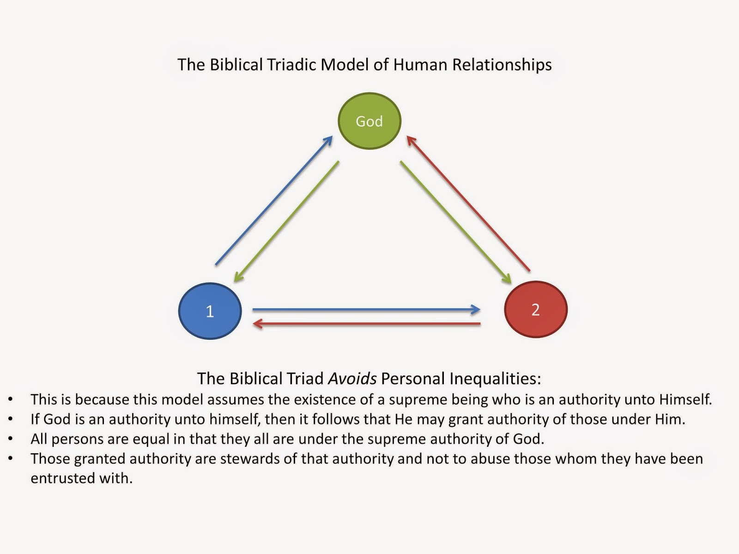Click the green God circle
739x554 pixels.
[x=369, y=121]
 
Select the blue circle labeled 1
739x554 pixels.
[x=210, y=311]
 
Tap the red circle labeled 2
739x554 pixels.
[x=536, y=309]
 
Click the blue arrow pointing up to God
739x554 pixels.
[x=274, y=200]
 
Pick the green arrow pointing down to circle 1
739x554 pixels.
[x=286, y=222]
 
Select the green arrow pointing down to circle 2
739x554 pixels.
[x=455, y=222]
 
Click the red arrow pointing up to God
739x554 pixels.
[x=468, y=203]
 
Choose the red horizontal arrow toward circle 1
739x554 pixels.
[x=367, y=324]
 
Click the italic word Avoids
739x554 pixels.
[x=352, y=379]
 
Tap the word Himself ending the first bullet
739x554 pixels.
[x=685, y=399]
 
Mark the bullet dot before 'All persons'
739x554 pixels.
[x=11, y=439]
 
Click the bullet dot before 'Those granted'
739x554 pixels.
[x=11, y=458]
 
